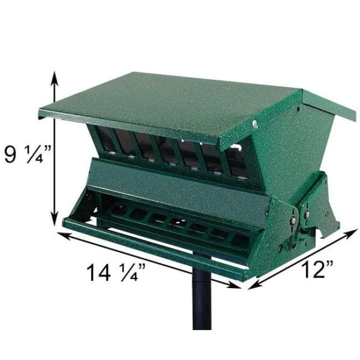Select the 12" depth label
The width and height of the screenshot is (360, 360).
[317, 270]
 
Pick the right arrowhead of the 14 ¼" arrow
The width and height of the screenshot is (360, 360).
[237, 286]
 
